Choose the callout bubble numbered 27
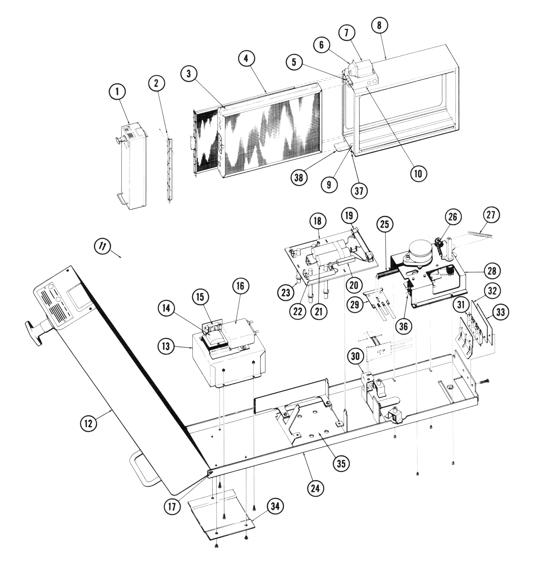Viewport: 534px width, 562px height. pos(491,216)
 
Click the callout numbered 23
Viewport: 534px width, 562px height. pos(286,292)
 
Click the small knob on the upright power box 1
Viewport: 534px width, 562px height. pos(119,140)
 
